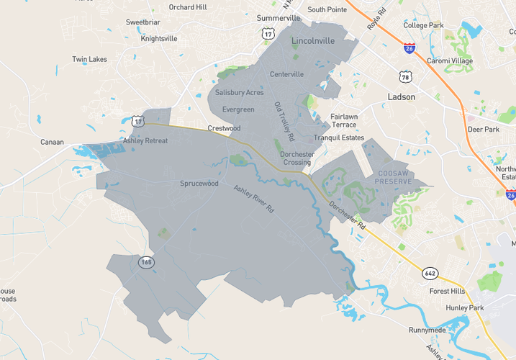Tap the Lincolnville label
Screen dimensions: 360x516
313,41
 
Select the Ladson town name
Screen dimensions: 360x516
402,96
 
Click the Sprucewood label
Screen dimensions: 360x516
199,184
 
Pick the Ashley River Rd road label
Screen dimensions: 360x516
254,199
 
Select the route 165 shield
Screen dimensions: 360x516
147,263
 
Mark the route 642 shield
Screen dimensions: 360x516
430,274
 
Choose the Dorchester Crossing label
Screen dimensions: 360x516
296,158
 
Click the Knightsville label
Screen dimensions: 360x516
159,39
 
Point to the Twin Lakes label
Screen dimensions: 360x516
90,59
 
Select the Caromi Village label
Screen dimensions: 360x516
450,61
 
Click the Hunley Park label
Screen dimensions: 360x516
466,307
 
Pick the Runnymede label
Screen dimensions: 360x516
427,330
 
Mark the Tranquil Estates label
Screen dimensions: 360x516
338,138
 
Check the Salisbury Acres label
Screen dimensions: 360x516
240,93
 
